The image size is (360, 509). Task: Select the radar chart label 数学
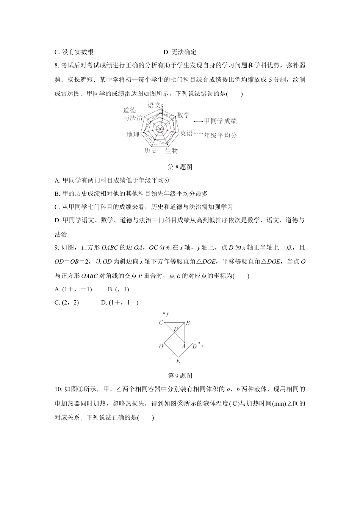(183, 115)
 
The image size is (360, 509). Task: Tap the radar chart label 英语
(186, 133)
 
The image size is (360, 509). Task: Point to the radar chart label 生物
(171, 151)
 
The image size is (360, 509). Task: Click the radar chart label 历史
(150, 151)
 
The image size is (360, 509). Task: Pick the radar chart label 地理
(133, 134)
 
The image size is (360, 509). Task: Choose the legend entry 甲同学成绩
(220, 121)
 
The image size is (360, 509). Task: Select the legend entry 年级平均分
(220, 135)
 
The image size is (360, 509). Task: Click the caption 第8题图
(180, 167)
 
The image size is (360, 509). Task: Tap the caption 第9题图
(180, 376)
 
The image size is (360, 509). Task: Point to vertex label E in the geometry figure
(178, 361)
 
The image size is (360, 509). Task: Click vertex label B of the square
(188, 323)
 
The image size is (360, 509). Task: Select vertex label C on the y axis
(161, 323)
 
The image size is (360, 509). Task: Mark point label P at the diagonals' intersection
(175, 329)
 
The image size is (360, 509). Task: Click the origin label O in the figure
(161, 346)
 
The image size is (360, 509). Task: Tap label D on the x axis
(194, 346)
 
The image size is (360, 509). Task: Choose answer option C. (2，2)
(67, 302)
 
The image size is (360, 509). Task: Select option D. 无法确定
(180, 52)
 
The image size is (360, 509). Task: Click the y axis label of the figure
(167, 314)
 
